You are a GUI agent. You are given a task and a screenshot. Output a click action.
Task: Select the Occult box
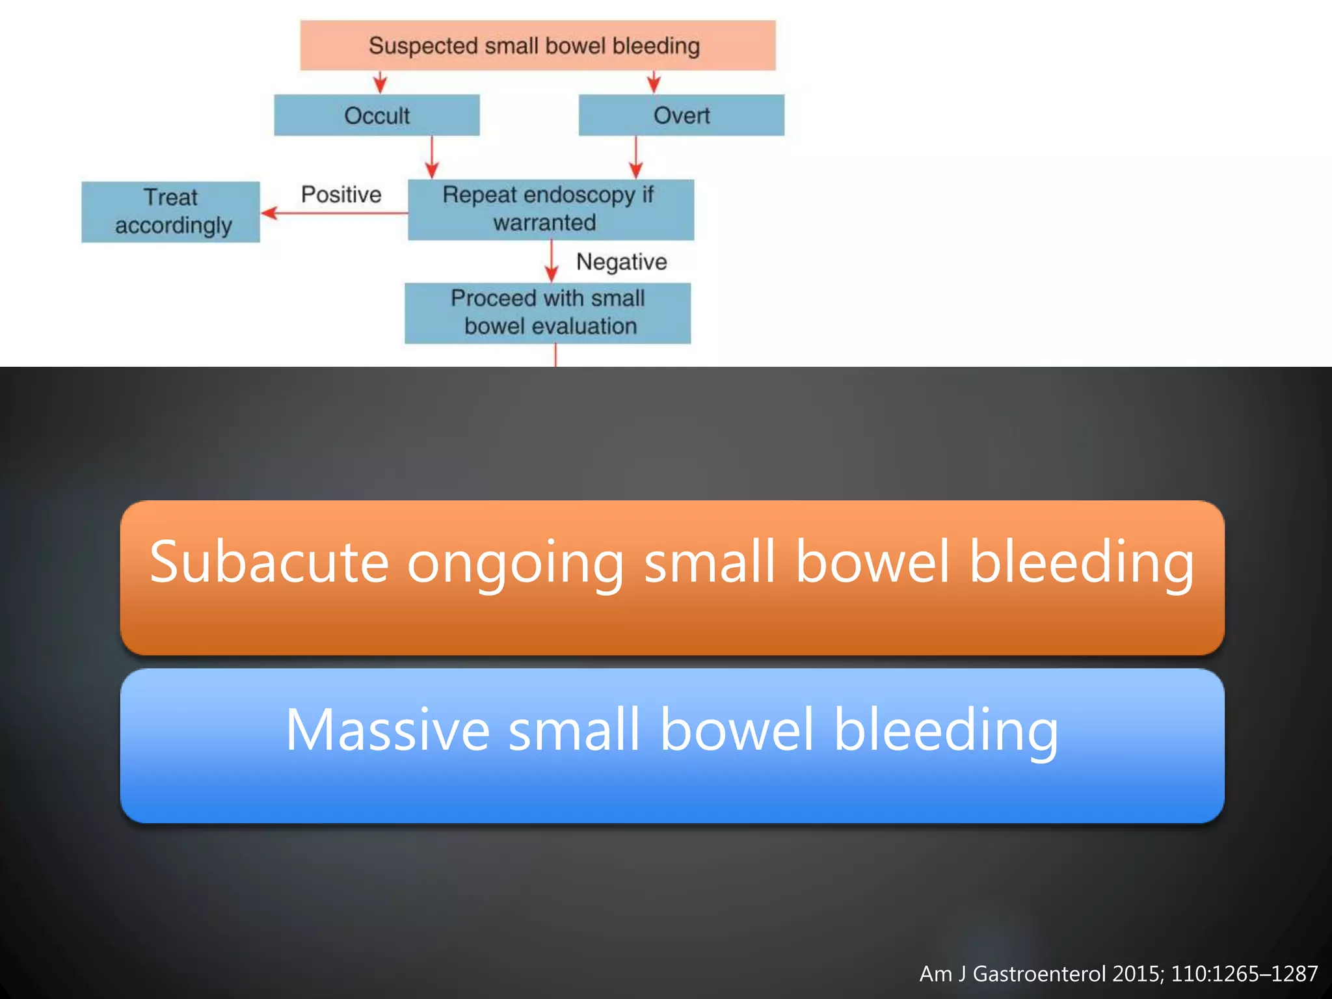coord(377,115)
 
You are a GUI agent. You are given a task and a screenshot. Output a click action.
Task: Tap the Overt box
coord(681,115)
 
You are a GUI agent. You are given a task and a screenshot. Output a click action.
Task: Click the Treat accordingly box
coord(170,211)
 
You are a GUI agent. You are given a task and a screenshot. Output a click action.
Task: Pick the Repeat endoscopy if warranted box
coord(550,209)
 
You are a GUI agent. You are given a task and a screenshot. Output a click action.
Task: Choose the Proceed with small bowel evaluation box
coord(548,312)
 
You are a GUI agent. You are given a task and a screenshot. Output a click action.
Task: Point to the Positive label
coord(341,194)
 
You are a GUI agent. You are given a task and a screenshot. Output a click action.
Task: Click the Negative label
coord(621,261)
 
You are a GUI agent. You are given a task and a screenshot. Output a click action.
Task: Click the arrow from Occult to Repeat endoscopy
coord(432,157)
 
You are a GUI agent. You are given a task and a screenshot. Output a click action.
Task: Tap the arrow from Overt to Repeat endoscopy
coord(636,157)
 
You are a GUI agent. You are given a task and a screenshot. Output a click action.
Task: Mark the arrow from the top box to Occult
coord(380,82)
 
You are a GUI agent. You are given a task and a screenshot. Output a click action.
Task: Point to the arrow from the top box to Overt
coord(654,82)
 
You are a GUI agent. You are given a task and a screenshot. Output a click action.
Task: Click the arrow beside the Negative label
coord(552,261)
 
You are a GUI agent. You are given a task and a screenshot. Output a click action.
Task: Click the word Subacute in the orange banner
coord(269,562)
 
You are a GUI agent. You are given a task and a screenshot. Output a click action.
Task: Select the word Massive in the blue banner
coord(387,730)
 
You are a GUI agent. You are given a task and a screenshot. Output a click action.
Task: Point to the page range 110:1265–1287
coord(1244,974)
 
